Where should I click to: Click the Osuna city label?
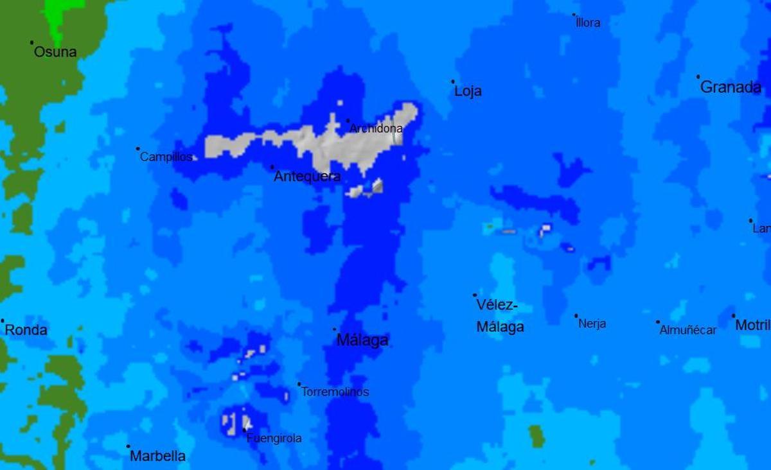click(x=55, y=52)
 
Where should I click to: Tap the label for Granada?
click(x=731, y=87)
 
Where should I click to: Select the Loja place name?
click(x=468, y=91)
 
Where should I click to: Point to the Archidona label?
click(x=376, y=128)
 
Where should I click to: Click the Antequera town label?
click(x=307, y=176)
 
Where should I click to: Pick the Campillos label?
click(x=166, y=157)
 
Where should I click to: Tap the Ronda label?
click(x=26, y=330)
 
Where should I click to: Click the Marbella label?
click(x=157, y=456)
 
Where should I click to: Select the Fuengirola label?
click(x=274, y=439)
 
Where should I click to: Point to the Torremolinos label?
click(x=335, y=392)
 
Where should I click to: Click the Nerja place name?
click(x=592, y=324)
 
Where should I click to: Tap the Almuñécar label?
click(x=687, y=330)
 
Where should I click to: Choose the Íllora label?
click(x=588, y=23)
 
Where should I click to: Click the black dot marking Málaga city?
click(x=334, y=329)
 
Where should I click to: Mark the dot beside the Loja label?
click(x=452, y=82)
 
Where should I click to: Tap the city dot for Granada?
click(x=698, y=76)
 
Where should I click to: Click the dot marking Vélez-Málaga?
click(x=475, y=295)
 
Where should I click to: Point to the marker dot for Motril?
click(x=733, y=315)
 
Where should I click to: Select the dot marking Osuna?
click(x=31, y=43)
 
